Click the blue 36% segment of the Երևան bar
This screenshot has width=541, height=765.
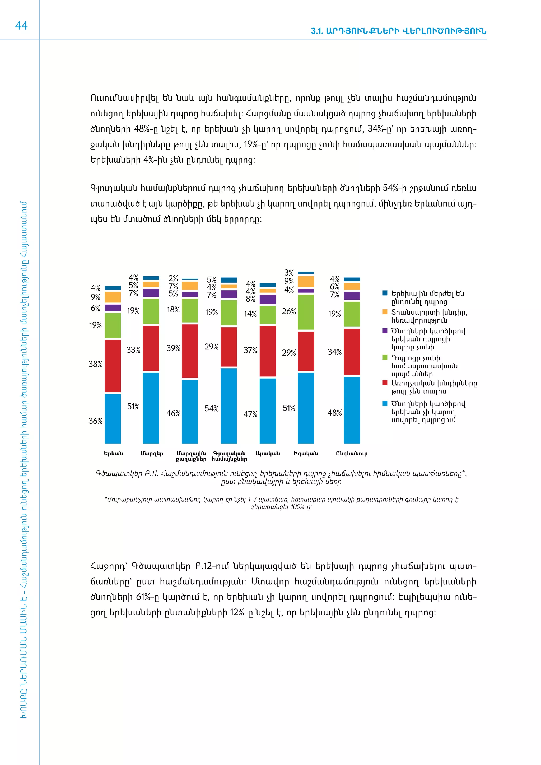coord(113,418)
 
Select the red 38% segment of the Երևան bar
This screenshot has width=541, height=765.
coord(113,366)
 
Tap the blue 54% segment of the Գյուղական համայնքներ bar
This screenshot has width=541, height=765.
coord(228,405)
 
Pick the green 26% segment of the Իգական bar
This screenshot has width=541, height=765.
coord(306,312)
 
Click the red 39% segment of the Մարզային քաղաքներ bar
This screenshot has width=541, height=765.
coord(190,351)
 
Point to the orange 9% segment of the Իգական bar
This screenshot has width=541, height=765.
coord(306,282)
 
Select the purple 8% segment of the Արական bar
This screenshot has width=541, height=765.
coord(268,299)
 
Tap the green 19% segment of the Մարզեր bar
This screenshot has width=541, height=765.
coord(151,311)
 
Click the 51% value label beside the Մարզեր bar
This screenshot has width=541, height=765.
coord(133,407)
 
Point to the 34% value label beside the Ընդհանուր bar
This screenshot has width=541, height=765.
coord(334,352)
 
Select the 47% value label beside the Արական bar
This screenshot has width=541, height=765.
coord(250,414)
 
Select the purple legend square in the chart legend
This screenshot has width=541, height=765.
coord(385,330)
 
